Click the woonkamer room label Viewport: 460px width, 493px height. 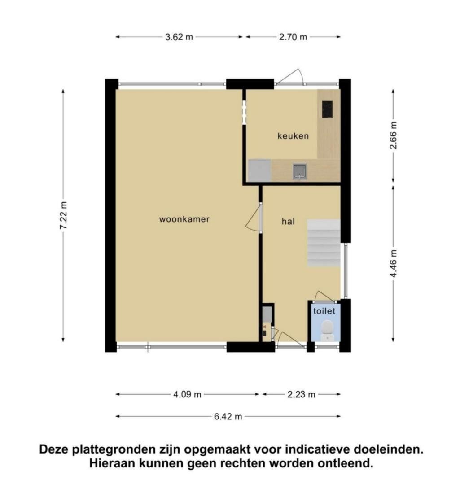click(x=184, y=219)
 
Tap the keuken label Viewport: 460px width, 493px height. click(x=293, y=136)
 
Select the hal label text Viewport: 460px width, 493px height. click(x=288, y=221)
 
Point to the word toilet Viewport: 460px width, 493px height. click(x=324, y=311)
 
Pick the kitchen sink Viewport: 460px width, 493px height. click(x=299, y=171)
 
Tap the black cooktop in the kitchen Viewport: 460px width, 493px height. click(x=327, y=109)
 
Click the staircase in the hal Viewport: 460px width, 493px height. click(x=324, y=243)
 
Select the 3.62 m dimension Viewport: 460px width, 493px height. click(x=179, y=37)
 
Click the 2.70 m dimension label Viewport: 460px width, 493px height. click(x=293, y=37)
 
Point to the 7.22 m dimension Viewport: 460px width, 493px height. click(x=63, y=215)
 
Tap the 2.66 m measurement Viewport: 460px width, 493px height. click(x=393, y=135)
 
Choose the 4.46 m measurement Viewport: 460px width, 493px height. click(x=393, y=263)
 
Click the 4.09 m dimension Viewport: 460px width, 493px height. click(x=187, y=394)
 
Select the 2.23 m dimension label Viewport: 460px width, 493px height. click(x=302, y=394)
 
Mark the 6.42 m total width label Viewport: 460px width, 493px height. click(x=228, y=417)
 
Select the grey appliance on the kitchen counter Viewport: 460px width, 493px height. click(x=259, y=170)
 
